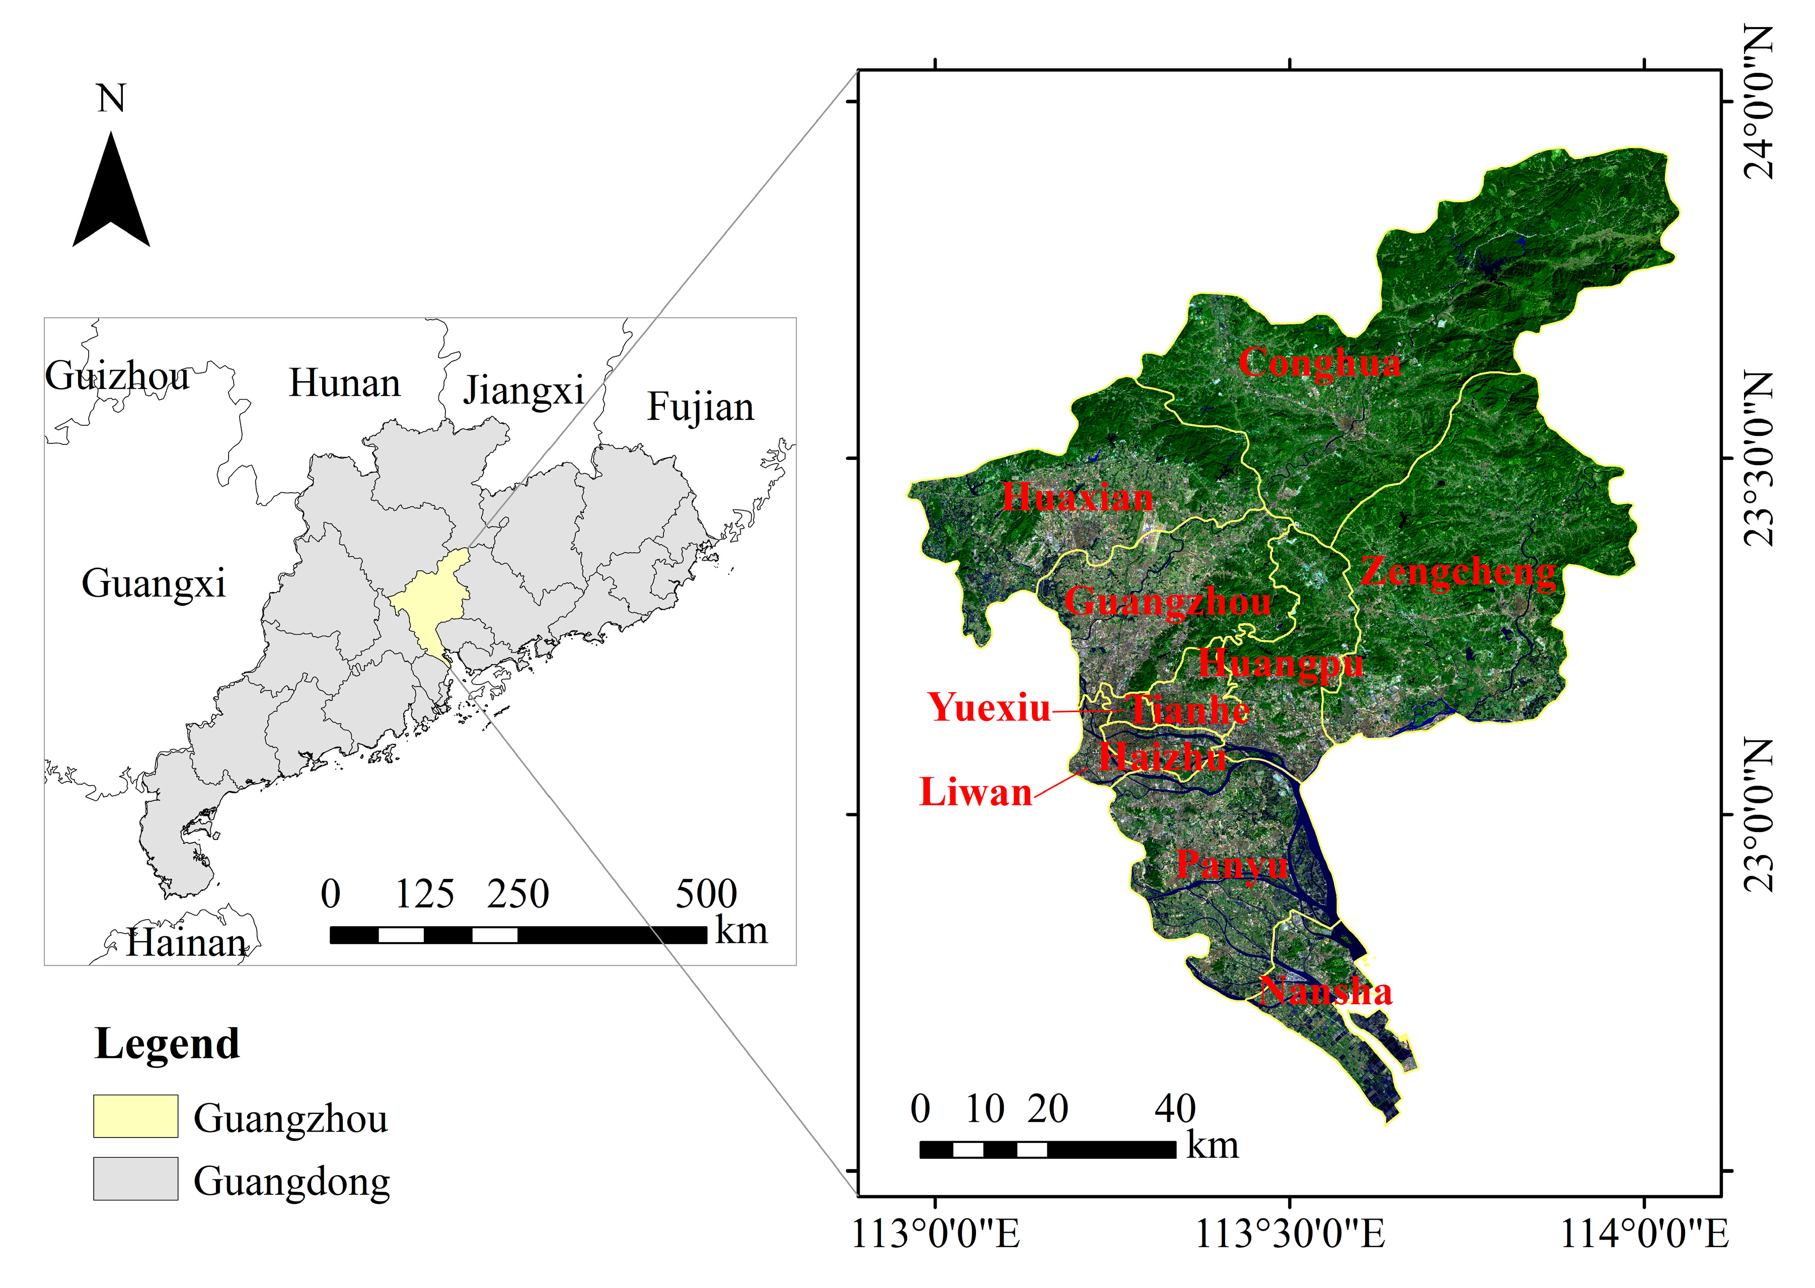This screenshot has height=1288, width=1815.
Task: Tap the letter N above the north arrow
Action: point(111,99)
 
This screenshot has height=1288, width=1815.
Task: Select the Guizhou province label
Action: point(117,376)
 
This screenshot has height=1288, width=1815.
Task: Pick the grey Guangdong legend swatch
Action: point(135,1179)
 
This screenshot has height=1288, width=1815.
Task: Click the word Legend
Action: point(167,1044)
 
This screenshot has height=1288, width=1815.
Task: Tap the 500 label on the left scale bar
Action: point(706,894)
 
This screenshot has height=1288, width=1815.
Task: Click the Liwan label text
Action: point(975,792)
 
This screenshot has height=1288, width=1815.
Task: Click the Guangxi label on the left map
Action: point(154,584)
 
